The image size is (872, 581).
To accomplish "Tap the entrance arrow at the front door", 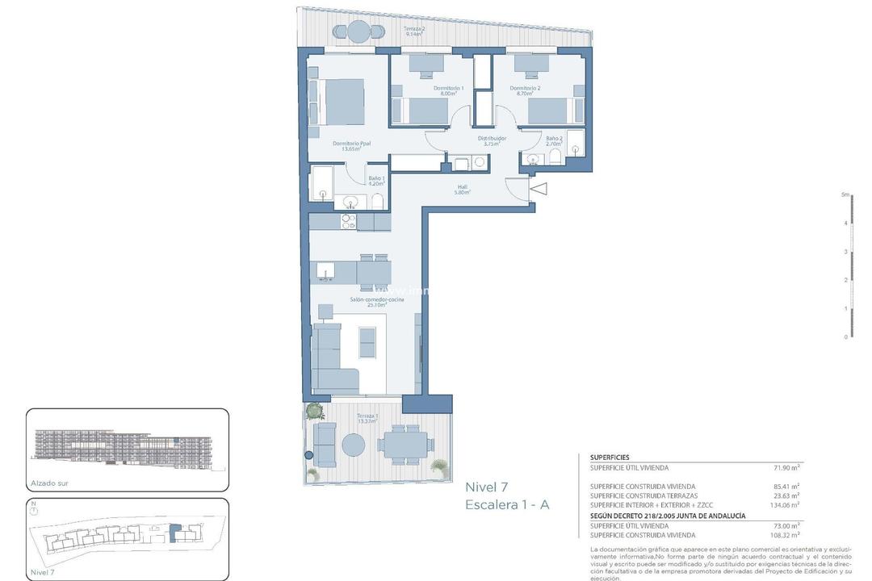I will (539, 189).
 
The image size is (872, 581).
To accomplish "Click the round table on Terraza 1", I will (353, 445).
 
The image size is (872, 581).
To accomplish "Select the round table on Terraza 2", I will (358, 31).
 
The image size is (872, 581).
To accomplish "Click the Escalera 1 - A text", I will (507, 505).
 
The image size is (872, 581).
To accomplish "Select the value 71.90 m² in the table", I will (786, 467).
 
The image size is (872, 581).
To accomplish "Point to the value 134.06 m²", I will (784, 504).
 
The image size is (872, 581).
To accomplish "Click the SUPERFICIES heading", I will (610, 457).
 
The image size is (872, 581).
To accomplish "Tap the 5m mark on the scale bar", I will (845, 194).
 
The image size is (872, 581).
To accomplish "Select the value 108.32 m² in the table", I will (784, 534).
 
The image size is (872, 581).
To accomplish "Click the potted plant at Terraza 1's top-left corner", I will (313, 411).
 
